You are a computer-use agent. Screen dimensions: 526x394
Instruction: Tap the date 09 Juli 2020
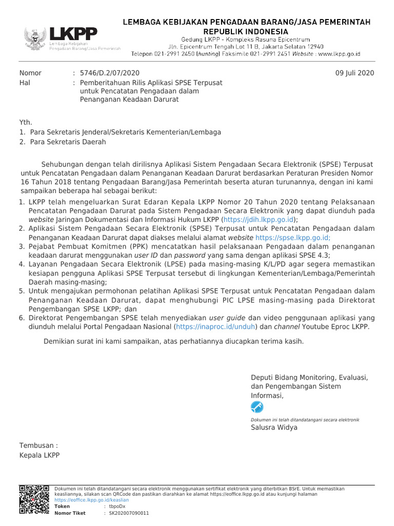tap(354, 73)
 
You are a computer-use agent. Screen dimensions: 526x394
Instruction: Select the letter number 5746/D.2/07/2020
tap(109, 73)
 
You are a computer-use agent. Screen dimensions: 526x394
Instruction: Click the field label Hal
tap(25, 82)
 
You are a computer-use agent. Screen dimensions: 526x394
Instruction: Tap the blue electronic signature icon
tap(257, 407)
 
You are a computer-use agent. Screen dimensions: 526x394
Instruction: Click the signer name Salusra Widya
tap(273, 427)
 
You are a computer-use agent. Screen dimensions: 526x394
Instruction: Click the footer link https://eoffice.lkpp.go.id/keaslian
tap(91, 500)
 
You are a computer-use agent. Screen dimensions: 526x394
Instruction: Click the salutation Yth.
tap(26, 122)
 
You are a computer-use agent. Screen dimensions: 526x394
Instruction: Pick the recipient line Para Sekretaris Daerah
tap(68, 142)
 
